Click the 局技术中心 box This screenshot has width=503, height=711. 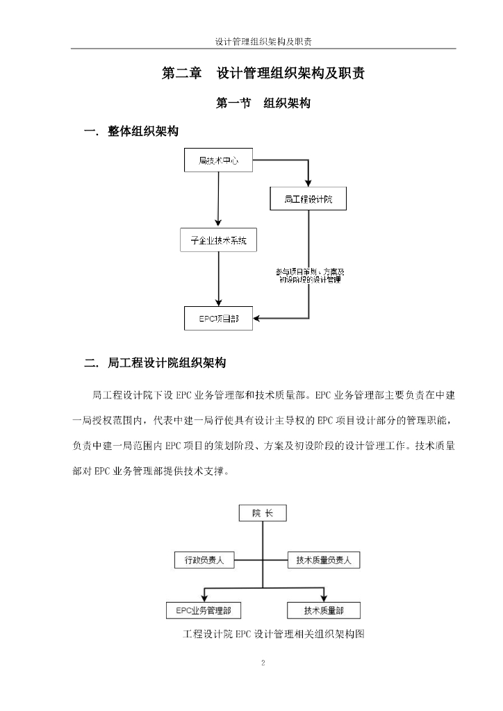[x=218, y=160]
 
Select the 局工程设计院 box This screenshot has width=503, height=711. [x=308, y=199]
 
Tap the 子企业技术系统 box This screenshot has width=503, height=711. [x=218, y=240]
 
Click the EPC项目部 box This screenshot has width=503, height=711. [x=218, y=318]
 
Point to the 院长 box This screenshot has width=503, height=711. [x=263, y=513]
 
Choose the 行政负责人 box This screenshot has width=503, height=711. [x=204, y=560]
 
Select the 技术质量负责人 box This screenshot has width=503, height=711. [x=324, y=560]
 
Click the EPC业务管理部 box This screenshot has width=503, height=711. [x=203, y=610]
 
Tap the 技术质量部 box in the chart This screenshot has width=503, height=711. [x=323, y=610]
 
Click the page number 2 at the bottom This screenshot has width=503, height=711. [x=263, y=663]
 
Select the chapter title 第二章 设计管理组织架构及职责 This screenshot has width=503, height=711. [x=263, y=73]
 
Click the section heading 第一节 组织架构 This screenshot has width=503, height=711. [x=263, y=103]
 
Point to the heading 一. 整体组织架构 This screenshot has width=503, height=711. [x=131, y=131]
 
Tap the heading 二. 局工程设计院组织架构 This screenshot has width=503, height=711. [x=155, y=362]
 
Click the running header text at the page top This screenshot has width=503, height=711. [x=263, y=42]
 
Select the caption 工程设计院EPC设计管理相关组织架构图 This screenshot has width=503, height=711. [x=274, y=633]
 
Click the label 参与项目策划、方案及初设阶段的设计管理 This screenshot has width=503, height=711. [x=310, y=276]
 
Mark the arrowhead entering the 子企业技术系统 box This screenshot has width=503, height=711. [x=218, y=224]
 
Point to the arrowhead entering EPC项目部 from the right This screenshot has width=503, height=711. [x=256, y=318]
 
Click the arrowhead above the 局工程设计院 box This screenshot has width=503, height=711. [x=308, y=183]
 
